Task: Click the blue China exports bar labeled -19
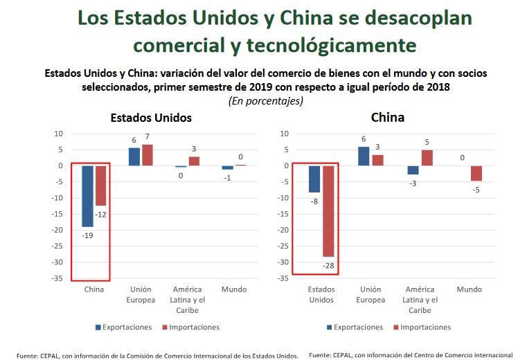tap(87, 196)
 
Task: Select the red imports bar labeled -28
tap(328, 211)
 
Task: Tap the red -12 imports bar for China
tap(100, 186)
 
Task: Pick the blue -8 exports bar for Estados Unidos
tap(314, 179)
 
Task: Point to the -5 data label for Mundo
tap(477, 190)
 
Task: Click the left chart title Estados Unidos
tap(151, 118)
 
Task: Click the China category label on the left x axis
tap(93, 289)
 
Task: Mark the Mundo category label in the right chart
tap(470, 289)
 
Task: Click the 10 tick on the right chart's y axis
tap(284, 134)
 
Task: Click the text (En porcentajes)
tap(265, 100)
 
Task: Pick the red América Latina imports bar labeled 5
tap(427, 158)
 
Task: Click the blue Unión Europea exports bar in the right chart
tap(364, 156)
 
